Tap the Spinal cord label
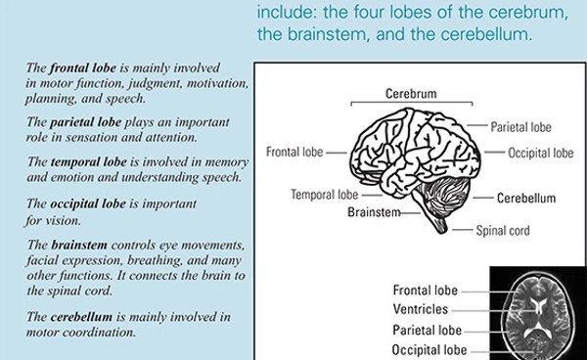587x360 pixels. coord(504,231)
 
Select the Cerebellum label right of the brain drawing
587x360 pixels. coord(525,198)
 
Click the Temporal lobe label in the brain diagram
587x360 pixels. coord(325,195)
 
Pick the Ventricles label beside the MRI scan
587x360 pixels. coord(421,310)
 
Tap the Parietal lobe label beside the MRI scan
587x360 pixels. coord(428,330)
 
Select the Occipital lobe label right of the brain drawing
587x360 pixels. coord(540,153)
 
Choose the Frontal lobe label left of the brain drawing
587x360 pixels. coord(295,153)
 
